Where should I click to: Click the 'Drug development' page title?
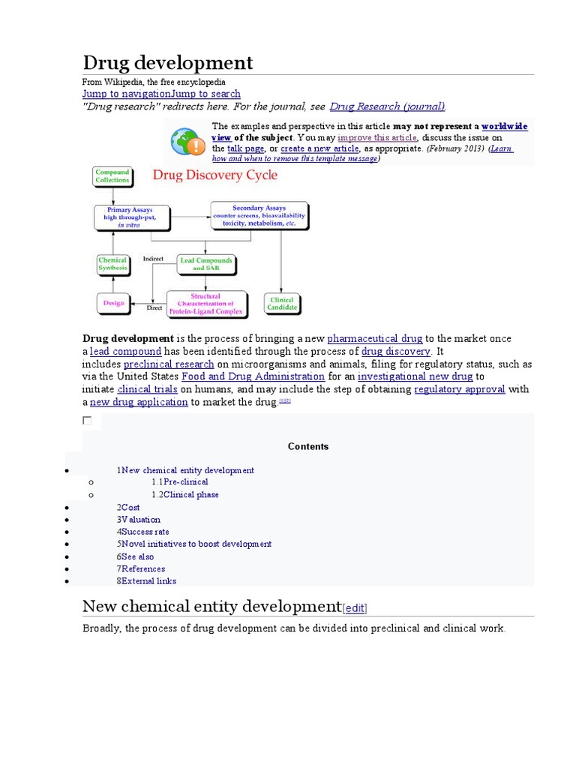point(167,62)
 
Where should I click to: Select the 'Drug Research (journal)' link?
point(387,106)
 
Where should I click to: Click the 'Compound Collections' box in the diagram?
point(112,177)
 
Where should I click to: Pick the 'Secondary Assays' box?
point(259,215)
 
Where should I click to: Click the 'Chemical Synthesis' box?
point(112,265)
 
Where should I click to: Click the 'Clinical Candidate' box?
point(282,303)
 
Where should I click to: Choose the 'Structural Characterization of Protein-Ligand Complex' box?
point(206,303)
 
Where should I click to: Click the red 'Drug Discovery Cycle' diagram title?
point(214,175)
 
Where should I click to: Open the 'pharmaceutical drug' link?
point(375,339)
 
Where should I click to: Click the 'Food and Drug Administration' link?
point(253,376)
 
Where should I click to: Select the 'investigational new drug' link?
point(415,376)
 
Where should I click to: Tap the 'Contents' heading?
point(308,446)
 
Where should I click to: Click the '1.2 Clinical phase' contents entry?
point(185,495)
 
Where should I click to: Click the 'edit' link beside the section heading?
point(355,608)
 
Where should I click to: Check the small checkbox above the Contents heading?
point(87,421)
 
